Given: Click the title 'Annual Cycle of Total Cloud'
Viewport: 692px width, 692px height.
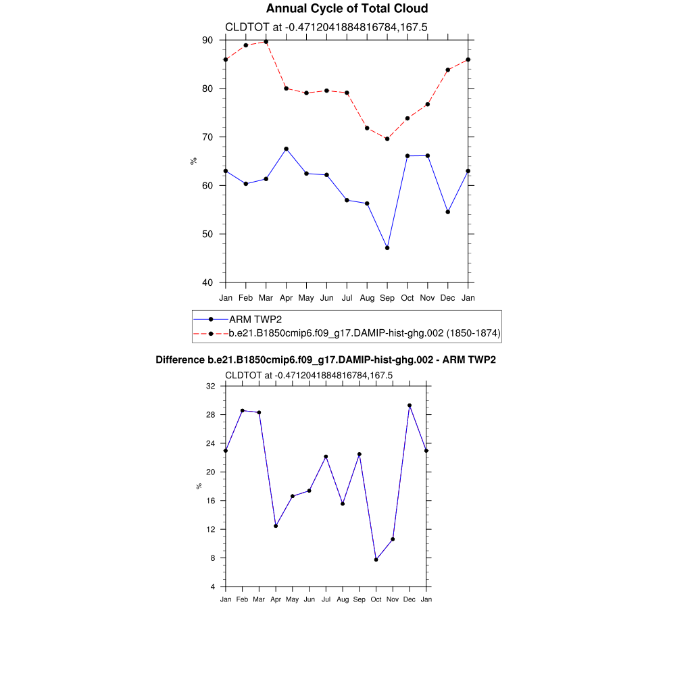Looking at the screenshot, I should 347,9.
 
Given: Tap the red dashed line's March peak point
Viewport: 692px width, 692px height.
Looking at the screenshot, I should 266,42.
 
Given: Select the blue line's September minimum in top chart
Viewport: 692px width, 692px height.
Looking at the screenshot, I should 387,248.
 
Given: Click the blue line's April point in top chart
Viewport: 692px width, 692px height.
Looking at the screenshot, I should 286,149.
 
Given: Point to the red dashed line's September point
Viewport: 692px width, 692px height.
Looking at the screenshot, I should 387,139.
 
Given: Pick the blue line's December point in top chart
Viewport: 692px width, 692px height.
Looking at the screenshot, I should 447,212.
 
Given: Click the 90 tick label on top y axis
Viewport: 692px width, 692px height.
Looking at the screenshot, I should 207,41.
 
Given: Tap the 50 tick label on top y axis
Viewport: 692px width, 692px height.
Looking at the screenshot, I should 207,234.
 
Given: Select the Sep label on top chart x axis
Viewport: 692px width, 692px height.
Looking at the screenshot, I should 387,297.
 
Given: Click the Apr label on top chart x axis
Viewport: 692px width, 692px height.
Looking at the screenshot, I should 286,297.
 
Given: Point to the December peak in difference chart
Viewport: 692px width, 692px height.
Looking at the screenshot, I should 410,405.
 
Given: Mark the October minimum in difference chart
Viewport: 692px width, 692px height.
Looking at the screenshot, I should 376,560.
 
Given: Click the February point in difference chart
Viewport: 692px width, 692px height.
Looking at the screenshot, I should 243,410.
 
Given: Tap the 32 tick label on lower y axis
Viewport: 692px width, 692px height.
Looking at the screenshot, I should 210,386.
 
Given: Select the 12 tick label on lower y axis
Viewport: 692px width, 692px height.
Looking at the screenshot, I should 210,529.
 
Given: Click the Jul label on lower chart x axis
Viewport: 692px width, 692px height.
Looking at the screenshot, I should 326,599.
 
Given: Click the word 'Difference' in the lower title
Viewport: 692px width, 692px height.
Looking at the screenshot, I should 180,360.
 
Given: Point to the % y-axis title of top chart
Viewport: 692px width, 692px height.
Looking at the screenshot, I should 193,161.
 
